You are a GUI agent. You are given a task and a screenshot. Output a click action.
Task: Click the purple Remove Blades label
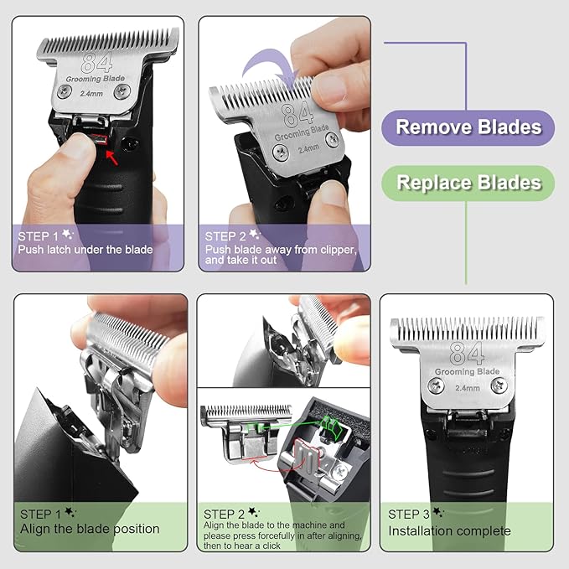[468, 127]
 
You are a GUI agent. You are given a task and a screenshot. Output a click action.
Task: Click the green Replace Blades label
[468, 183]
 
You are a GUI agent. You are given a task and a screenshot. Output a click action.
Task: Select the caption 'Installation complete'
[448, 530]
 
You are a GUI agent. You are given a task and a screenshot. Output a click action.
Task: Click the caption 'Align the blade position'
[90, 529]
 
